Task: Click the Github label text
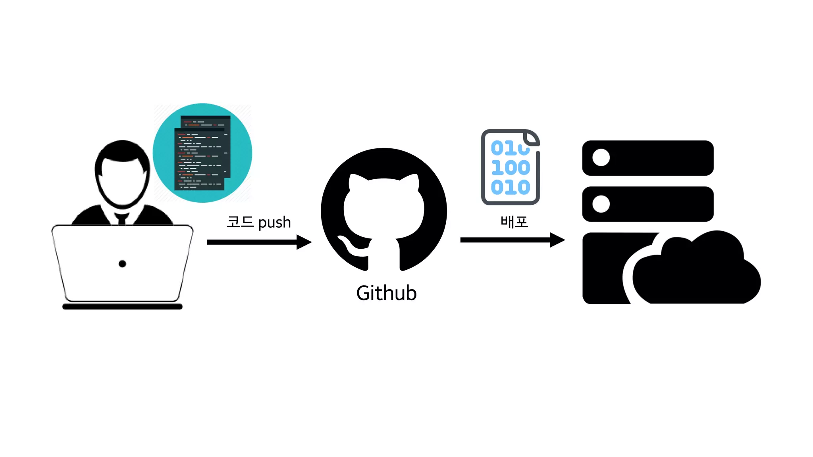click(x=386, y=293)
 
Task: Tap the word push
click(x=274, y=223)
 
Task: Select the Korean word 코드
click(x=240, y=222)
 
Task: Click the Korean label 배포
click(x=514, y=222)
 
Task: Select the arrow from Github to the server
click(x=512, y=240)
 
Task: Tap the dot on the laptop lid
click(x=122, y=264)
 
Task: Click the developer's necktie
click(x=122, y=219)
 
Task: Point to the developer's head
click(x=122, y=175)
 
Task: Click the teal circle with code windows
click(x=202, y=153)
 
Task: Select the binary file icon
click(x=510, y=167)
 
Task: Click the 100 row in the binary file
click(x=511, y=167)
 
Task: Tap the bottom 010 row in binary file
click(x=511, y=187)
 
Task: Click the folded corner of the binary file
click(x=531, y=138)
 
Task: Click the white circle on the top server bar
click(x=601, y=157)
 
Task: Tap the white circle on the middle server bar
click(x=601, y=204)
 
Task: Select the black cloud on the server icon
click(x=697, y=274)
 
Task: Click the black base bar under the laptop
click(x=122, y=307)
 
